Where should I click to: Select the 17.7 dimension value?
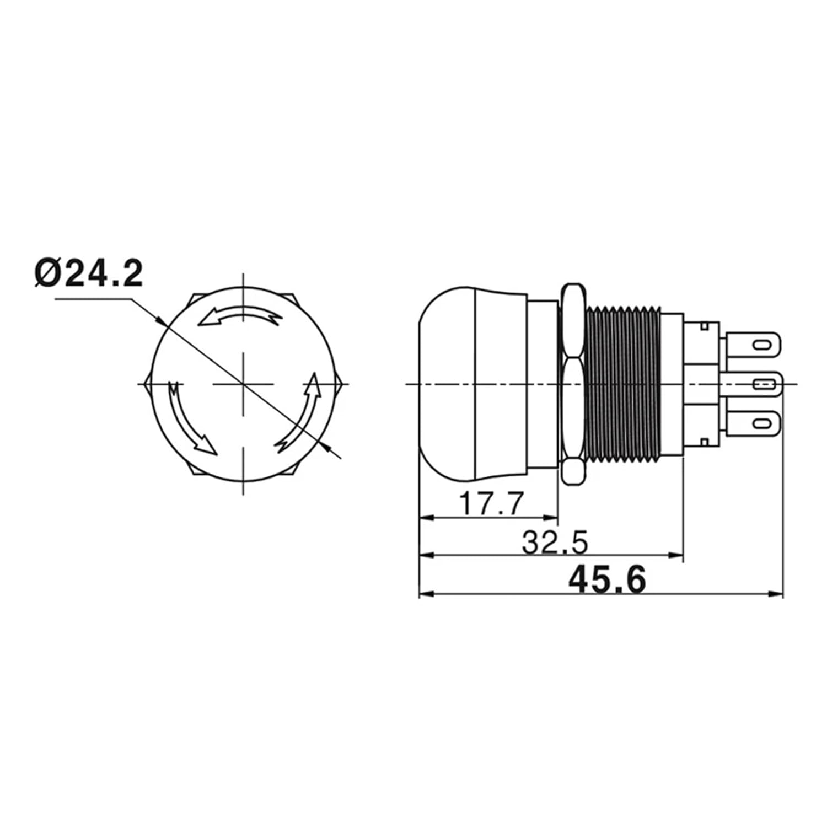[490, 503]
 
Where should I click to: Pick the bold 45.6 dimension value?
[607, 579]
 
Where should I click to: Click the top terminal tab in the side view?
[753, 345]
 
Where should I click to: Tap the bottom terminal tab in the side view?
[753, 423]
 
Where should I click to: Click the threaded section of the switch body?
[623, 383]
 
